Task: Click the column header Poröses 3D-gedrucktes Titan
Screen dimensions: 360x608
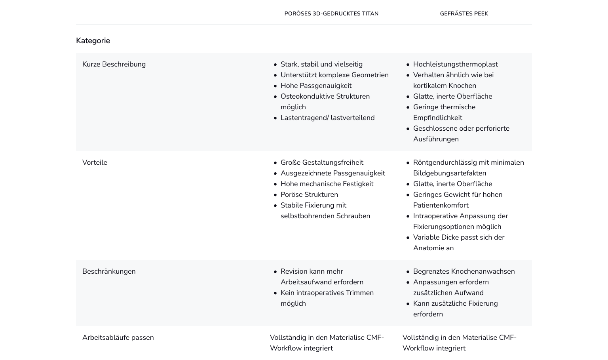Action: click(331, 14)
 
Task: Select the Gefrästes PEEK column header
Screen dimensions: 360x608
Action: click(464, 14)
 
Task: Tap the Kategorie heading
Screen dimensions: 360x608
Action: click(93, 41)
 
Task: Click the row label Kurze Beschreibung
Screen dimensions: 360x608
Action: click(114, 65)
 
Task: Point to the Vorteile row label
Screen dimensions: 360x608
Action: click(95, 163)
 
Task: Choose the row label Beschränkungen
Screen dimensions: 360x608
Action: click(109, 272)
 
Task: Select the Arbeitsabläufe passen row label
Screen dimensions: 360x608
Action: click(118, 338)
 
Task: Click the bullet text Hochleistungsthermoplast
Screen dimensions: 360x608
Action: click(455, 65)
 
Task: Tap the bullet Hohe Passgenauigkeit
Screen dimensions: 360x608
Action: click(316, 86)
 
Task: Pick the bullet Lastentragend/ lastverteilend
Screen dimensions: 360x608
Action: click(327, 118)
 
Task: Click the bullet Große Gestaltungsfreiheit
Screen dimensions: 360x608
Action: click(322, 163)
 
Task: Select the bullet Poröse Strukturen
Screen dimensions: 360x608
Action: click(309, 195)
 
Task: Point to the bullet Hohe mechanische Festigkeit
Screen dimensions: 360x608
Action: click(327, 184)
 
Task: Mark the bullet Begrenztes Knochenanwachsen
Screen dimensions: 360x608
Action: click(464, 272)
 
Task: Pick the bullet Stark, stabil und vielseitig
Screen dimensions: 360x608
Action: click(321, 65)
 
